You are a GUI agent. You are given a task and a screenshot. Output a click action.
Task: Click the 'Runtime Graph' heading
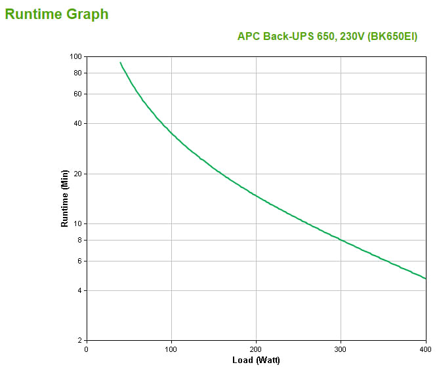[56, 14]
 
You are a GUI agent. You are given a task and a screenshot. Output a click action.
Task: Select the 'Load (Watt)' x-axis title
[256, 360]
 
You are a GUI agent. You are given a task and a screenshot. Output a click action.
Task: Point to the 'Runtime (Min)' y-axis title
[64, 198]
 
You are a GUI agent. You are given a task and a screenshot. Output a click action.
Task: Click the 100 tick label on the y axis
[74, 56]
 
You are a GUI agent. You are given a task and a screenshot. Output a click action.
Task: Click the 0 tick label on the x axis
[87, 349]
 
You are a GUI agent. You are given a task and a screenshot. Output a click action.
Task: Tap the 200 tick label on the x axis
[256, 349]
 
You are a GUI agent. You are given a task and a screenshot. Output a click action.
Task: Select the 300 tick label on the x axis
[341, 349]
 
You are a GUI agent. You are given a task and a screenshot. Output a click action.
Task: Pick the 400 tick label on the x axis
[425, 349]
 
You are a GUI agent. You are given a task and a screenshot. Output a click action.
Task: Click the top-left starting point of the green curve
[120, 63]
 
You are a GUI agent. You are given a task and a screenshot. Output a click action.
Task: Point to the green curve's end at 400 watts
[425, 279]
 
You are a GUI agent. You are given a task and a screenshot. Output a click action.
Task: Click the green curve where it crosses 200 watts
[256, 196]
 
